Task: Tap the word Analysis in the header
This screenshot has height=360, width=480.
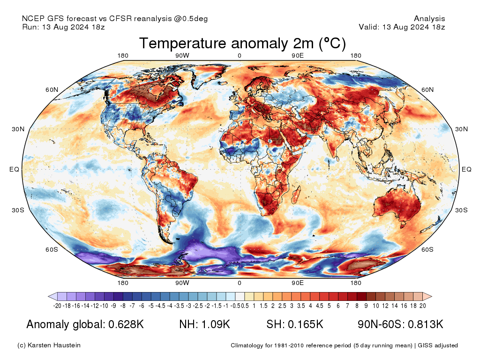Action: pyautogui.click(x=429, y=19)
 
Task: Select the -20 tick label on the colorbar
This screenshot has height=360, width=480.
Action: pyautogui.click(x=58, y=306)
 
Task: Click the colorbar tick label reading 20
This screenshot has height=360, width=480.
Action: pyautogui.click(x=422, y=306)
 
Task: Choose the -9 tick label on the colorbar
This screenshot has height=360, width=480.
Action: pyautogui.click(x=113, y=306)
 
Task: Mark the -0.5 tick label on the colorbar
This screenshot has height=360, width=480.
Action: pyautogui.click(x=236, y=306)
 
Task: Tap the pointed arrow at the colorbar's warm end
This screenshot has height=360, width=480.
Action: pyautogui.click(x=427, y=296)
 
